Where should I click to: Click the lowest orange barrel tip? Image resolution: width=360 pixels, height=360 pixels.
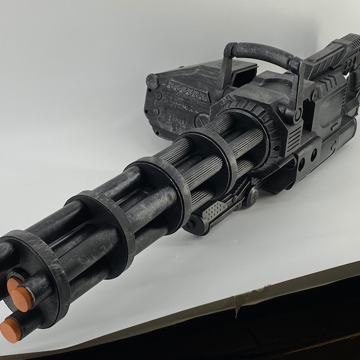point(11,329)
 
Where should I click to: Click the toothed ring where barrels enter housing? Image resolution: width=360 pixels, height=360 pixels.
point(252,129)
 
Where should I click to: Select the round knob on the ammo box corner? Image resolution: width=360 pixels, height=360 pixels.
point(152,80)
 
